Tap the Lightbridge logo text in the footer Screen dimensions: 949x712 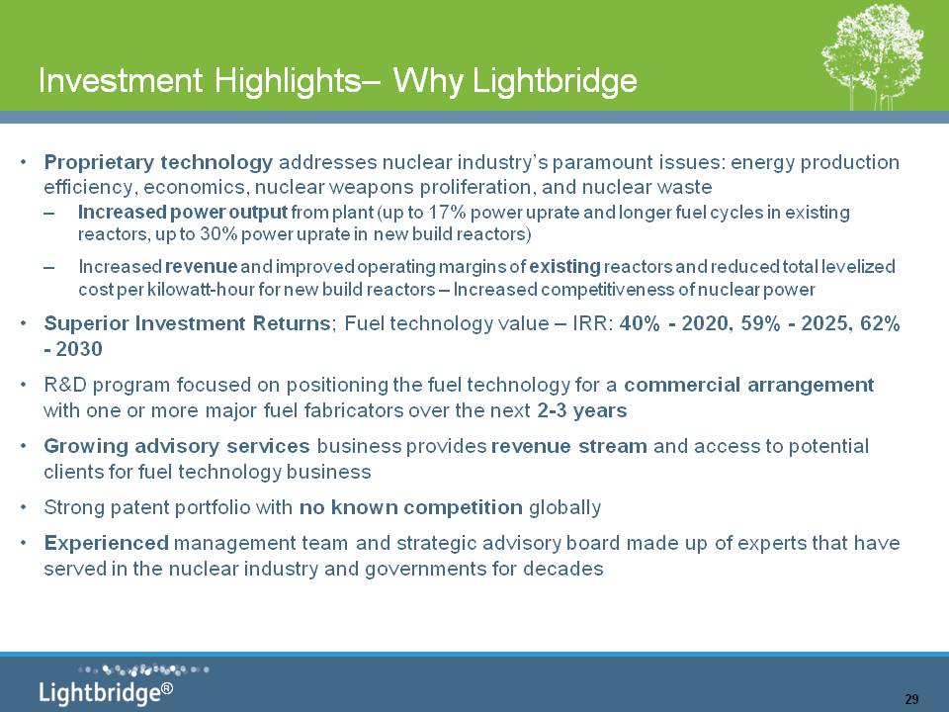pyautogui.click(x=100, y=692)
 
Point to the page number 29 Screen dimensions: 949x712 pyautogui.click(x=911, y=699)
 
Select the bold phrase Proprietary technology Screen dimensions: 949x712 pyautogui.click(x=158, y=162)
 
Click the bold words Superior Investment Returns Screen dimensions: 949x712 pyautogui.click(x=187, y=323)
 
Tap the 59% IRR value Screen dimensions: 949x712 pyautogui.click(x=760, y=323)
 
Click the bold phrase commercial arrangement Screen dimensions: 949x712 pyautogui.click(x=748, y=385)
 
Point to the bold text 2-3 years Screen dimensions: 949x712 pyautogui.click(x=581, y=410)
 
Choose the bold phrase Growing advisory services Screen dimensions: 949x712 pyautogui.click(x=177, y=446)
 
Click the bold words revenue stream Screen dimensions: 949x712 pyautogui.click(x=569, y=446)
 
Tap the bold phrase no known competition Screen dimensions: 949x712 pyautogui.click(x=411, y=507)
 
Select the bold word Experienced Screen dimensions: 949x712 pyautogui.click(x=106, y=543)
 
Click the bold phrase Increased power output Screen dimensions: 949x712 pyautogui.click(x=182, y=213)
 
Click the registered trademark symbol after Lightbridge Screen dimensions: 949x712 pyautogui.click(x=167, y=688)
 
